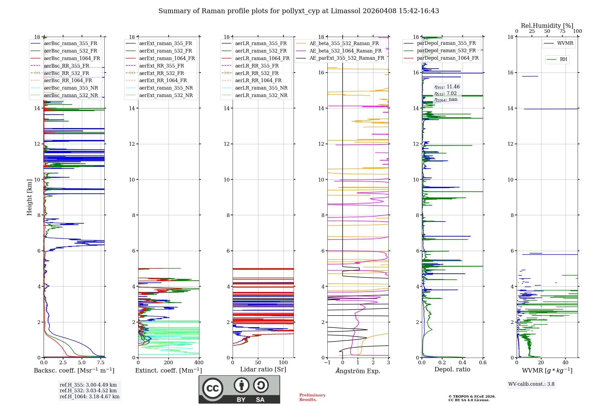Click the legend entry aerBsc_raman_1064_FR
72,58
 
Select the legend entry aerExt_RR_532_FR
161,73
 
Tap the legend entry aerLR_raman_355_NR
261,88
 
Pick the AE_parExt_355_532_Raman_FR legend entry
347,58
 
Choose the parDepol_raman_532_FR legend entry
446,50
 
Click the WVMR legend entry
565,43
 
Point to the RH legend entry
563,59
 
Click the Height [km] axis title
29,197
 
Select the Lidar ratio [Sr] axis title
263,369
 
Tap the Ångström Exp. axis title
358,371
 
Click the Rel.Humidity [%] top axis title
547,26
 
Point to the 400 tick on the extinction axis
199,363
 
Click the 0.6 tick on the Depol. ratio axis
483,363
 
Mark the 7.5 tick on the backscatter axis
101,363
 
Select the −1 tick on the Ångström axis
327,363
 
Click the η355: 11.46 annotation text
447,87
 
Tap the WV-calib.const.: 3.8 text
531,384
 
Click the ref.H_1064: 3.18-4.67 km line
89,396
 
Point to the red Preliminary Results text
312,397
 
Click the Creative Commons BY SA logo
239,389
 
